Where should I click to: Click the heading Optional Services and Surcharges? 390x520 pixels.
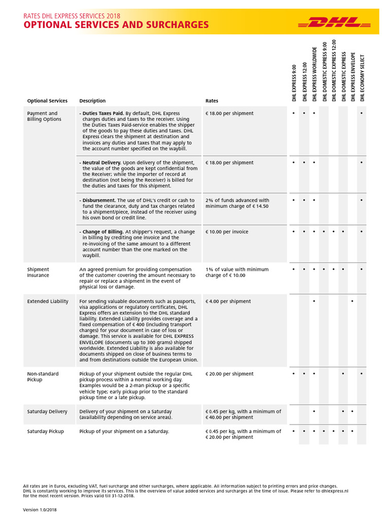(x=116, y=25)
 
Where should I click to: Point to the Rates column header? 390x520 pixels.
(x=212, y=101)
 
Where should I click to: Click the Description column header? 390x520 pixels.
(x=92, y=101)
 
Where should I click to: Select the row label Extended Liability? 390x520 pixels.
(x=48, y=302)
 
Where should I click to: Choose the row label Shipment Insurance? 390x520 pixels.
(x=38, y=272)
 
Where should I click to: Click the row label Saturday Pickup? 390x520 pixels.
(x=45, y=431)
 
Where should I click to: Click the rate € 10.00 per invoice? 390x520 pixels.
(x=227, y=232)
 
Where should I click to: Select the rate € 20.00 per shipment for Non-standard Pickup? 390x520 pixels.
(x=229, y=374)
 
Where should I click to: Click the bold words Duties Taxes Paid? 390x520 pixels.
(x=103, y=113)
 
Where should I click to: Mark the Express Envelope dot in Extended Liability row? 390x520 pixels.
(x=352, y=302)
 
